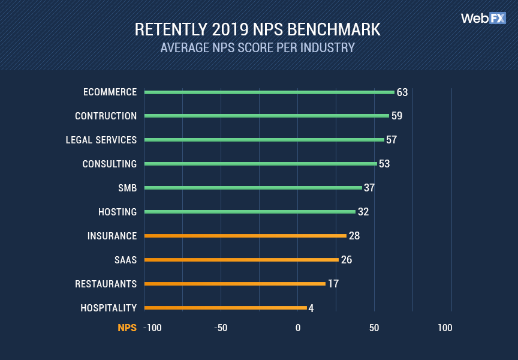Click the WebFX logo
click(483, 18)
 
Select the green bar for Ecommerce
click(269, 92)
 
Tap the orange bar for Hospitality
click(225, 308)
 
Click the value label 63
click(402, 92)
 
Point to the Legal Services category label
click(101, 140)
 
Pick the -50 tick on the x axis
click(221, 328)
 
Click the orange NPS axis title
click(127, 328)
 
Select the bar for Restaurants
click(235, 284)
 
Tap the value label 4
click(311, 308)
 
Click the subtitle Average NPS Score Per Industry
click(258, 47)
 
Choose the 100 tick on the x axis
click(445, 328)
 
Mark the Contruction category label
click(106, 116)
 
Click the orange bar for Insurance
click(245, 236)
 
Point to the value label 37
click(369, 188)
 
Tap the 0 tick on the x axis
click(297, 328)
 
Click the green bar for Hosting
click(250, 212)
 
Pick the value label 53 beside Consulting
click(384, 164)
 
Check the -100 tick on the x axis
click(152, 328)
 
